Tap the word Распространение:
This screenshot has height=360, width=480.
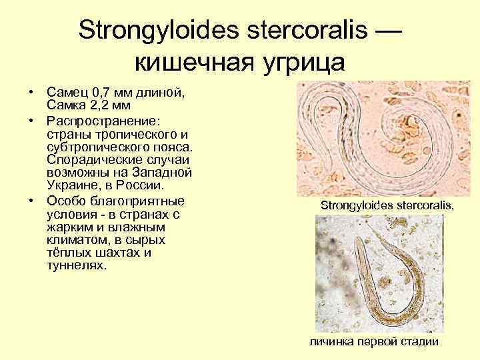(101, 122)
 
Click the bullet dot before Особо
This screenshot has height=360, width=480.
(31, 201)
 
